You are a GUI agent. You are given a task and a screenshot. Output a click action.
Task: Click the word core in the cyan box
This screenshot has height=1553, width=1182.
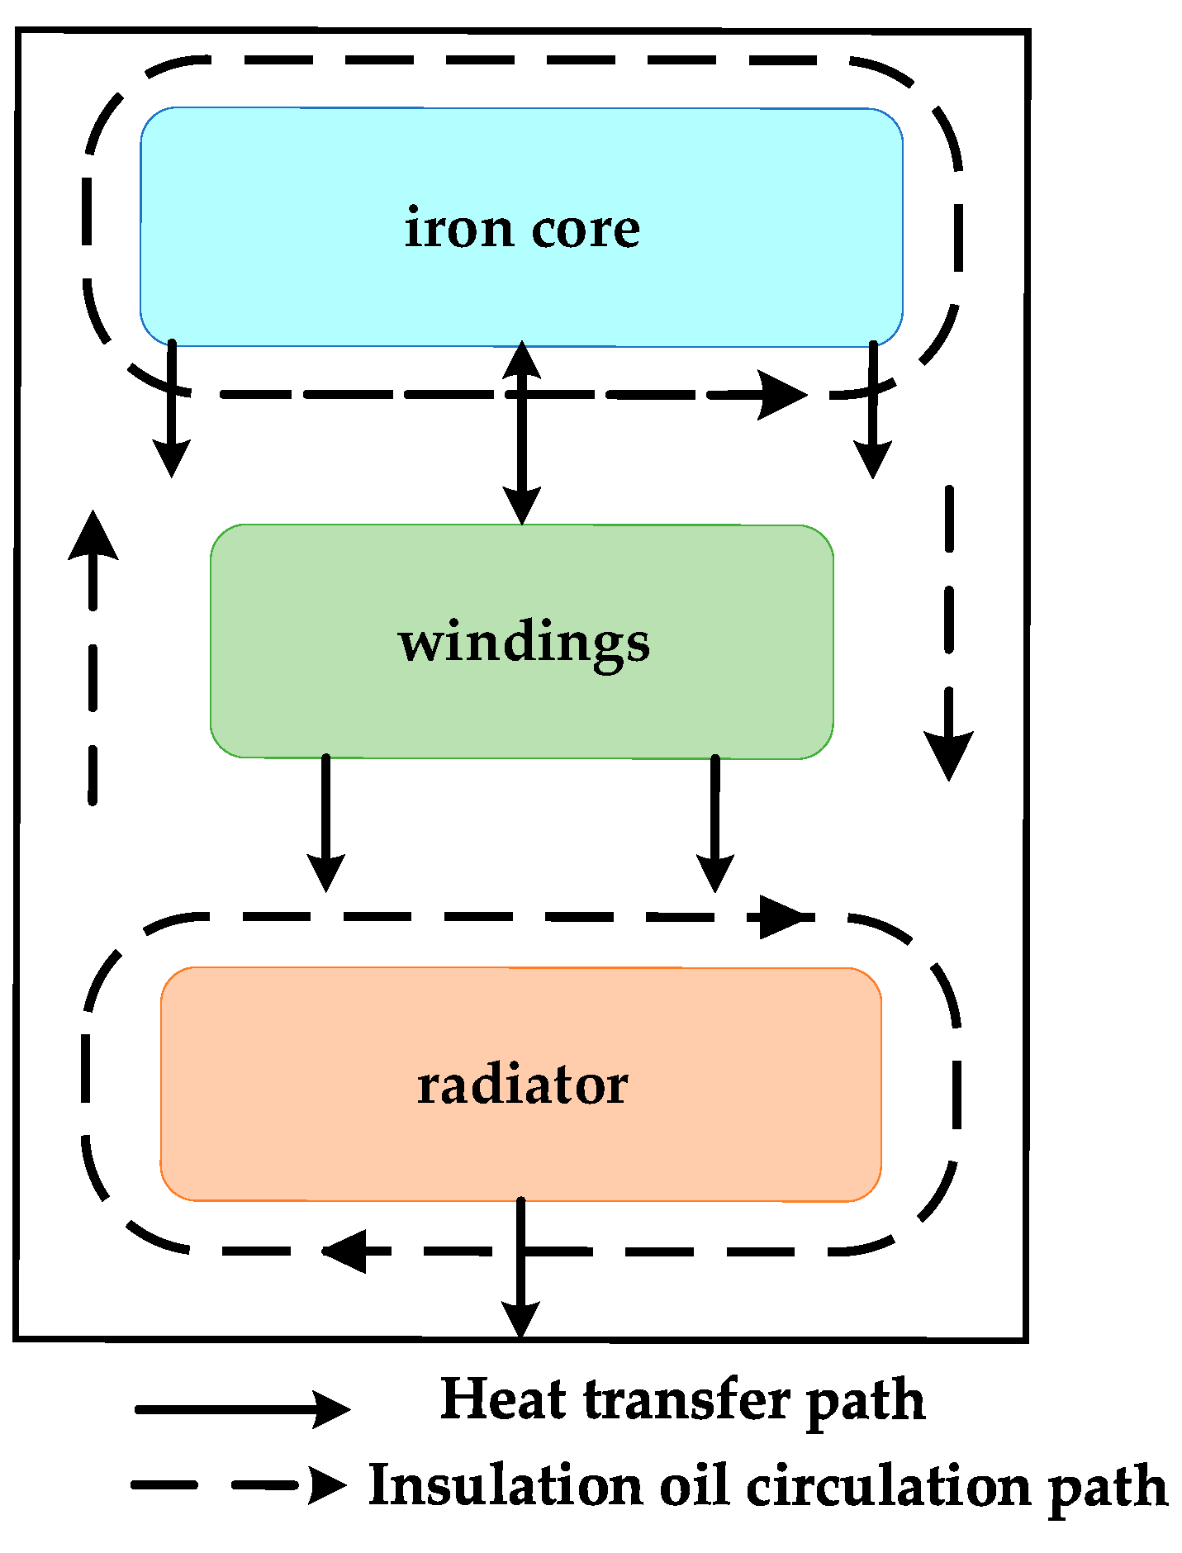pos(585,229)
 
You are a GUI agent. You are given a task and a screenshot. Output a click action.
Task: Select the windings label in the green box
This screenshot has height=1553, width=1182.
pos(524,644)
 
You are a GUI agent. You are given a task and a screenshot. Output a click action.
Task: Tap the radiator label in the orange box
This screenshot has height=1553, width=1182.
pos(522,1085)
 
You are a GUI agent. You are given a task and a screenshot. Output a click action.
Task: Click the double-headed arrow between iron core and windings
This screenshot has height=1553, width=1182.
pos(521,432)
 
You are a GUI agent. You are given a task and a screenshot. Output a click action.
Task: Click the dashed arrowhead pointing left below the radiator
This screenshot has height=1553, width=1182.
pos(345,1251)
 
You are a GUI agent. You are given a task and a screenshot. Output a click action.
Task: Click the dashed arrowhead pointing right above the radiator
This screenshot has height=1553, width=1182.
pos(781,917)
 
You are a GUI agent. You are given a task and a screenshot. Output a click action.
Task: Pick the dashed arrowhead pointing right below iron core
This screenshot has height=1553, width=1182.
pos(781,395)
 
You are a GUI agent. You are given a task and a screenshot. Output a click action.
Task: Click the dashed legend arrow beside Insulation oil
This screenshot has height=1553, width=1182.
pos(240,1485)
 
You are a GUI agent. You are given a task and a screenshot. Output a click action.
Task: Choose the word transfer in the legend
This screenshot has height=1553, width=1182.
pos(686,1399)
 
